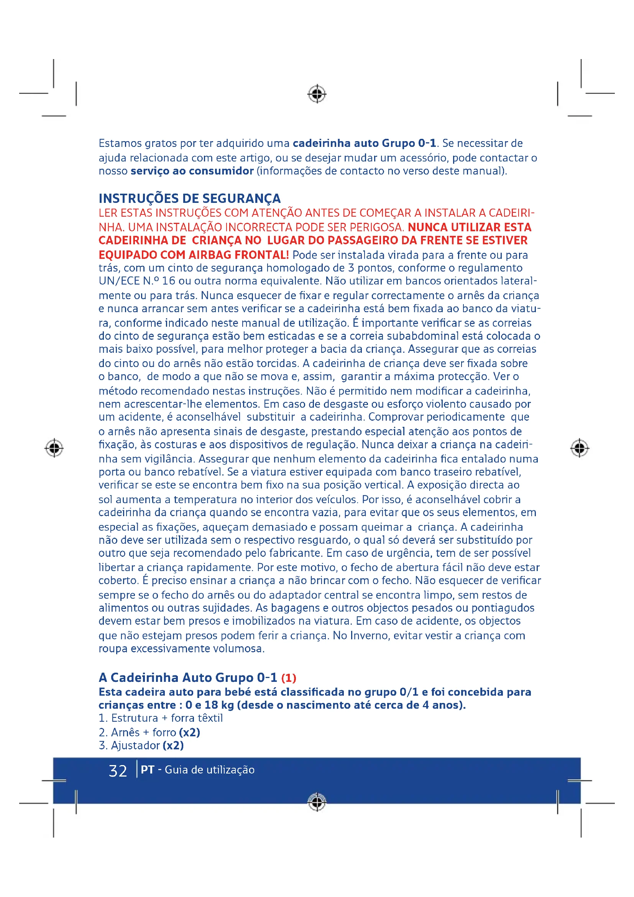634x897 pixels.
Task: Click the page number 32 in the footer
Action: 118,771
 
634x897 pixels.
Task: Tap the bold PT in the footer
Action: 147,770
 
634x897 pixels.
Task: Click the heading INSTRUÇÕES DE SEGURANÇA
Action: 189,199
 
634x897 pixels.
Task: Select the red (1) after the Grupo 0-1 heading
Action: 289,678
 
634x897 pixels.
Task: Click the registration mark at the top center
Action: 317,94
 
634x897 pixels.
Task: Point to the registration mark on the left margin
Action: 54,448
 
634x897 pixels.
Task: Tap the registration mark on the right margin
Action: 579,448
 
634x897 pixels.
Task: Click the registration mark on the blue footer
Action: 317,802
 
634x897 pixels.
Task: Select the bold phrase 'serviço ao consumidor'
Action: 192,171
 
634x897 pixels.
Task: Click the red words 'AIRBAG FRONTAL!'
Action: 238,255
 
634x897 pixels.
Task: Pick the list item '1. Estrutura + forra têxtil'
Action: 161,718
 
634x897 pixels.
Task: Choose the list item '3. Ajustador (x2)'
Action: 141,746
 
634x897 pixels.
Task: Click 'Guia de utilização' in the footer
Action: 210,770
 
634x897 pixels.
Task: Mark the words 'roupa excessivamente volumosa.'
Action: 182,648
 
